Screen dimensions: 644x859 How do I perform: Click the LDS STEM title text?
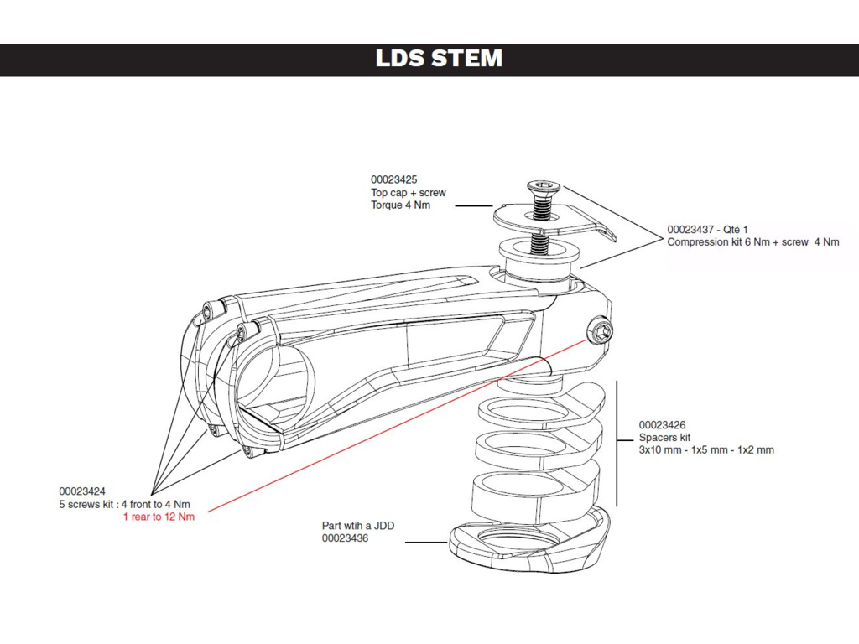pyautogui.click(x=439, y=59)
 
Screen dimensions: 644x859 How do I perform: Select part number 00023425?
pyautogui.click(x=393, y=179)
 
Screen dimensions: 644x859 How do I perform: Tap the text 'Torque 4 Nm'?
pyautogui.click(x=400, y=205)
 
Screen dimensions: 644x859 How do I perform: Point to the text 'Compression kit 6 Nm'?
pyautogui.click(x=718, y=242)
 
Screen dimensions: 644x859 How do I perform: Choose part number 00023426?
pyautogui.click(x=662, y=425)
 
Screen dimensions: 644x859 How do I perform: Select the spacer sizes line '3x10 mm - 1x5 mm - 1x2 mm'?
pyautogui.click(x=706, y=450)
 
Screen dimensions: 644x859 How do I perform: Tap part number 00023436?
pyautogui.click(x=345, y=538)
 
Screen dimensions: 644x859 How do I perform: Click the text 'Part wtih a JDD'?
pyautogui.click(x=358, y=526)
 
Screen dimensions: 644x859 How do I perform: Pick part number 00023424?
pyautogui.click(x=82, y=491)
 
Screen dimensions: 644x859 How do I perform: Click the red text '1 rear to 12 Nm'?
pyautogui.click(x=159, y=517)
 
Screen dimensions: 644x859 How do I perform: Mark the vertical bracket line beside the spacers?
pyautogui.click(x=617, y=443)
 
